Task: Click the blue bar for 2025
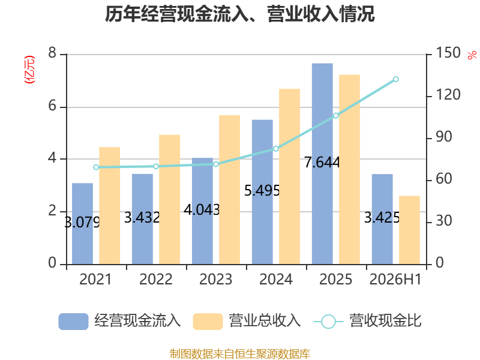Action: [322, 164]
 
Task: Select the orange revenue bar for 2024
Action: [289, 176]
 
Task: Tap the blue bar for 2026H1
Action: [382, 219]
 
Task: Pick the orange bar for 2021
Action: [110, 206]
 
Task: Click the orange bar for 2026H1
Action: [409, 230]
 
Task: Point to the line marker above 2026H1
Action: [396, 79]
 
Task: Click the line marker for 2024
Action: [276, 149]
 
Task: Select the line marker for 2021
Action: [96, 167]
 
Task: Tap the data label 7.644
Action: [322, 162]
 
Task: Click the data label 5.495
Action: [262, 191]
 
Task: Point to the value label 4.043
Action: [202, 209]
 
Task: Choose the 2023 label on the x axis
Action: [216, 279]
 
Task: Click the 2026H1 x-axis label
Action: [395, 279]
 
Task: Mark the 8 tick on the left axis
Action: [52, 53]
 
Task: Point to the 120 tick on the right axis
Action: [448, 95]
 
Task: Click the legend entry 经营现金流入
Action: [119, 321]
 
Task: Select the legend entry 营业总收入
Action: [247, 321]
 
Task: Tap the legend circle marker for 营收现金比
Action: [328, 322]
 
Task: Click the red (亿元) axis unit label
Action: [29, 70]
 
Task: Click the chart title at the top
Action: [239, 14]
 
